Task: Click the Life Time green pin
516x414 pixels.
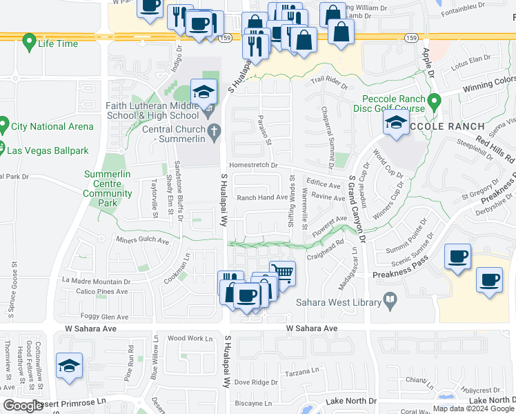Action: (x=29, y=42)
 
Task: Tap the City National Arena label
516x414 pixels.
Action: (x=52, y=126)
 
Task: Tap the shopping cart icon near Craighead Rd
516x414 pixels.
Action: (x=281, y=273)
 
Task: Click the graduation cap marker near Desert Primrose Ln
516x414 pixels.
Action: (x=69, y=366)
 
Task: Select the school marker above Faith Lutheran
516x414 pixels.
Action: (x=204, y=92)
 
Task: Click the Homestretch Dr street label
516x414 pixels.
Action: (x=253, y=166)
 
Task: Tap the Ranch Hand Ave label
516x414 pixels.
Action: (x=262, y=197)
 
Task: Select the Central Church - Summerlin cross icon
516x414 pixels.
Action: (x=214, y=130)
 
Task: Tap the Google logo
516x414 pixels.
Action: (x=23, y=406)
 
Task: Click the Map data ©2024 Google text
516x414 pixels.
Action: (x=473, y=408)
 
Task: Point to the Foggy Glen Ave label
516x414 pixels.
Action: (x=89, y=317)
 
